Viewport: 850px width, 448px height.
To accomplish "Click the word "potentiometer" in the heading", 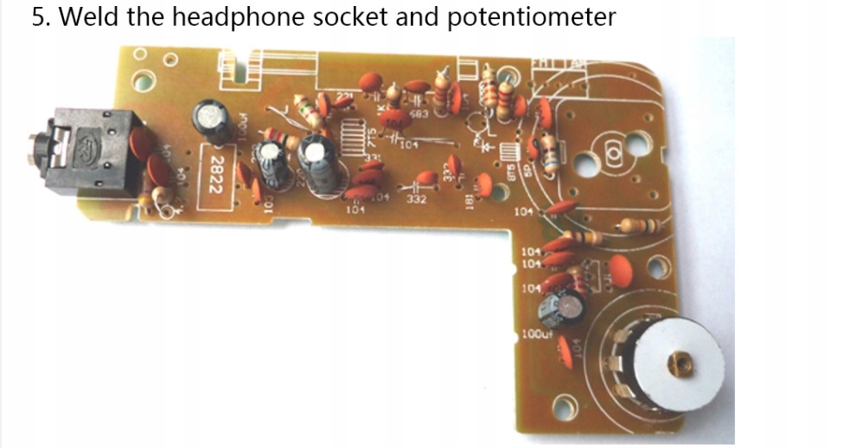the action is pos(532,16).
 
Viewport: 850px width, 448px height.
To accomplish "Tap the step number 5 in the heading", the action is pos(38,16).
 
